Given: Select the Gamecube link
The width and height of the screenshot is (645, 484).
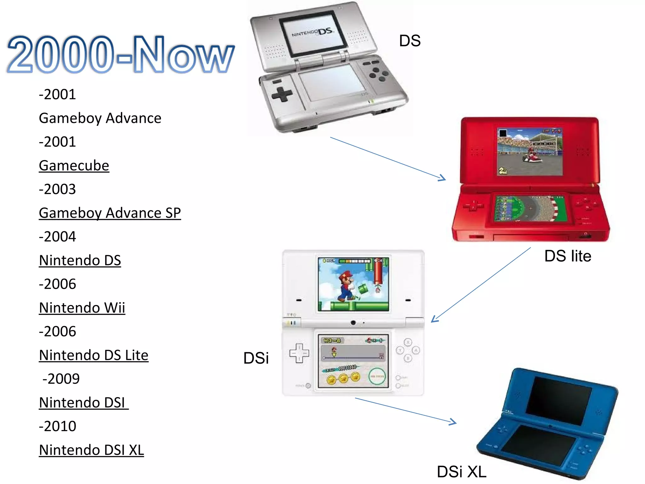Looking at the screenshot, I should pyautogui.click(x=74, y=165).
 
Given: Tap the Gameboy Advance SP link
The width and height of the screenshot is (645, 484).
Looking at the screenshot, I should pyautogui.click(x=110, y=213).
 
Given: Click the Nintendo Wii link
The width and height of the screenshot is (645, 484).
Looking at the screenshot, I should pyautogui.click(x=82, y=308).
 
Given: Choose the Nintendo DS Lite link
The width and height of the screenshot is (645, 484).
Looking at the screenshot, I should pyautogui.click(x=94, y=355).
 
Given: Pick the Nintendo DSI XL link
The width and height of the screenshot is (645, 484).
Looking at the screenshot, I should pyautogui.click(x=91, y=450).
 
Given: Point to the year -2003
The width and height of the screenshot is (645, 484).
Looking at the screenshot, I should pyautogui.click(x=57, y=189).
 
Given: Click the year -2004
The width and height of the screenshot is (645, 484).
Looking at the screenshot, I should pyautogui.click(x=57, y=237).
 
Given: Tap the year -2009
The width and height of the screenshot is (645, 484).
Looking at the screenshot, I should pyautogui.click(x=61, y=379).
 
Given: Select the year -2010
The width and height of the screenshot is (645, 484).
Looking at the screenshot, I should pyautogui.click(x=58, y=426).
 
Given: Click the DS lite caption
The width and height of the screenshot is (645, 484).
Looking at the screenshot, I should pyautogui.click(x=568, y=256).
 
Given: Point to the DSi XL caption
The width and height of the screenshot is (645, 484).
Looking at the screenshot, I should pyautogui.click(x=462, y=472).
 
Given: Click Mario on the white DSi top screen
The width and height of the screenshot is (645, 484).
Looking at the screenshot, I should pyautogui.click(x=345, y=285).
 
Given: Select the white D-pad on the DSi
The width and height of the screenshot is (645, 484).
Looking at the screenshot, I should pyautogui.click(x=299, y=353).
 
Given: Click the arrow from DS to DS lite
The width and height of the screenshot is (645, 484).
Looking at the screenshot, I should pyautogui.click(x=388, y=158).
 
